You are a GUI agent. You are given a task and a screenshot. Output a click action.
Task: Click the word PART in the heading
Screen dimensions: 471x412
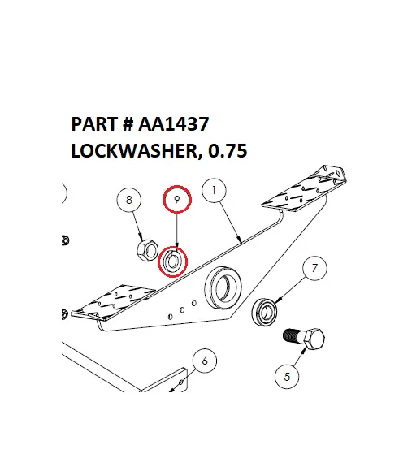click(x=92, y=125)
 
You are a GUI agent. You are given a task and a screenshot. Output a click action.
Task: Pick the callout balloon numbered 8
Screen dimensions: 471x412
click(x=129, y=199)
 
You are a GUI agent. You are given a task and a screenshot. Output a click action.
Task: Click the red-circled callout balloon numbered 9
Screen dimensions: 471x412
click(x=177, y=197)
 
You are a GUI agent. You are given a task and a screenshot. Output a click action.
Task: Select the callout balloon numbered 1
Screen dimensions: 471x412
click(x=212, y=192)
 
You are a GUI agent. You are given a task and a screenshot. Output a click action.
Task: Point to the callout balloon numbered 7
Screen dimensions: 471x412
click(x=314, y=269)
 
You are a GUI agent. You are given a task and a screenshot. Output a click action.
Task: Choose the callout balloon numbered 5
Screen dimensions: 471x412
click(x=287, y=376)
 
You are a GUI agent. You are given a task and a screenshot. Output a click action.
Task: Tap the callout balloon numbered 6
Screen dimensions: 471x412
click(x=204, y=361)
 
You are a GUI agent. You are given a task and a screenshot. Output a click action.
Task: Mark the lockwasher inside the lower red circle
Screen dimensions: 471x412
click(x=172, y=261)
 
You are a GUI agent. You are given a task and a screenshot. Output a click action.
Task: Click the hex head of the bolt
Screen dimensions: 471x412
click(x=314, y=340)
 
